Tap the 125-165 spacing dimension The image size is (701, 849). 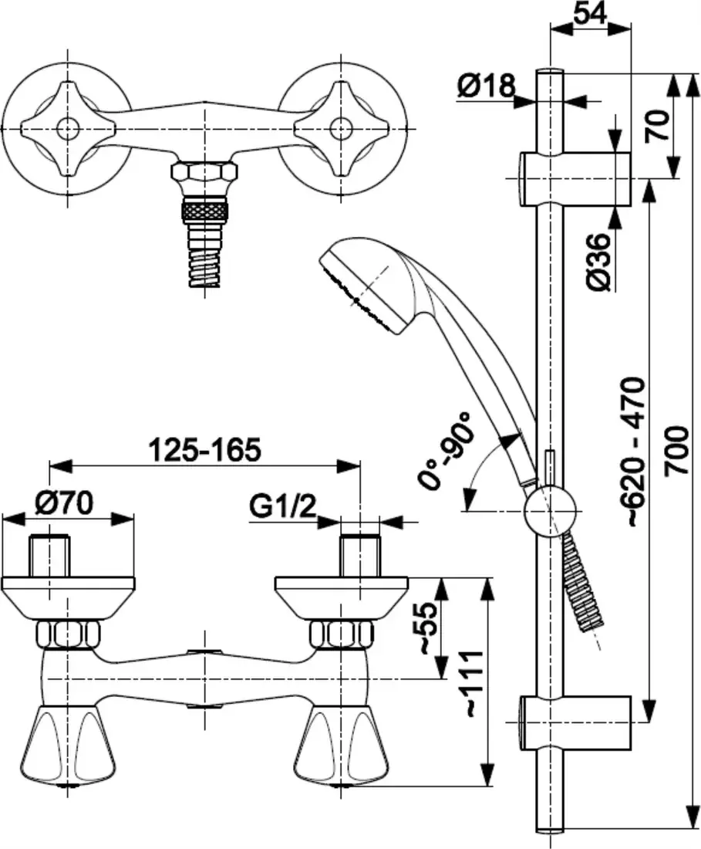[x=204, y=448]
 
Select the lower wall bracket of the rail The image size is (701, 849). [x=575, y=722]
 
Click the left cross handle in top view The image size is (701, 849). [x=67, y=127]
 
